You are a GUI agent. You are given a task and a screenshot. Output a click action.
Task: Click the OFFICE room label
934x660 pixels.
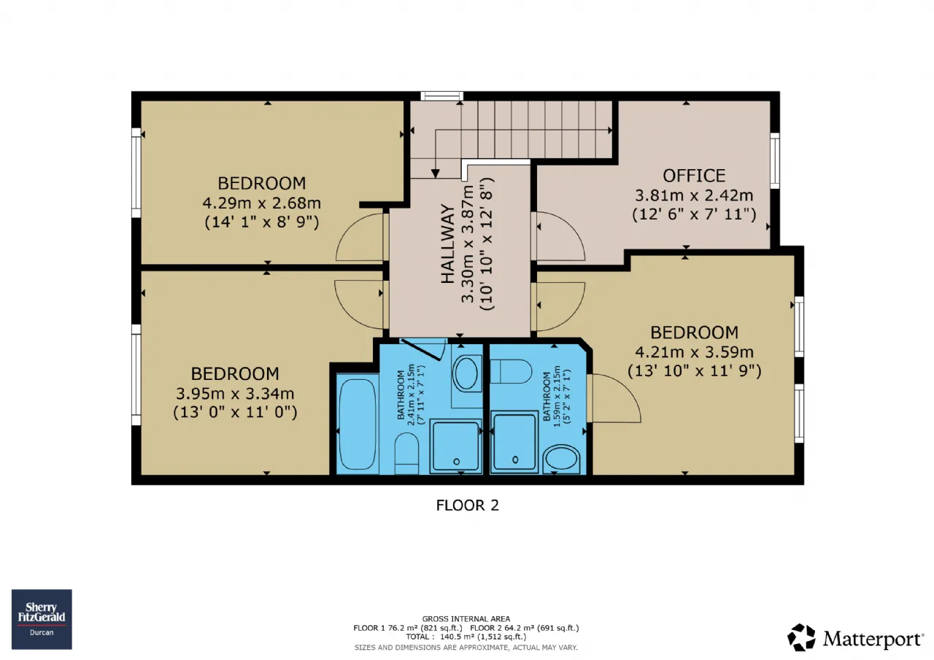tap(694, 176)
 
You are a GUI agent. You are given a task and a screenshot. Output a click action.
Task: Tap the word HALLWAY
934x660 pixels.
tap(448, 244)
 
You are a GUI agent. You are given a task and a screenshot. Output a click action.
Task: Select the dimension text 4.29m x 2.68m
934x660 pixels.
tap(262, 203)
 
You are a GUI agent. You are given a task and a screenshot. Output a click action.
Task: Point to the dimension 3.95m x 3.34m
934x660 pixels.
tap(235, 393)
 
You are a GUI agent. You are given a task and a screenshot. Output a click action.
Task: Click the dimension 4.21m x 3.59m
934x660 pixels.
tap(694, 352)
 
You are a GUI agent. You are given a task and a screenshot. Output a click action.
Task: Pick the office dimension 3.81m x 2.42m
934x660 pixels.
tap(694, 195)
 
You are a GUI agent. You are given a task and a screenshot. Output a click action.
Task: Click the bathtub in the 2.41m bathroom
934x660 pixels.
tap(358, 424)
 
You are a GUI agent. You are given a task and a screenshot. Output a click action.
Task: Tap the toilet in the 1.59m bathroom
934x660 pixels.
tap(511, 372)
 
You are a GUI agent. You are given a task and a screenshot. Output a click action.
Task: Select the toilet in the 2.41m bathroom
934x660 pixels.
tap(406, 454)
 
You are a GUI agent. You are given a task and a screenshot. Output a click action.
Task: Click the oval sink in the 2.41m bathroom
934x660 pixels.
tap(466, 373)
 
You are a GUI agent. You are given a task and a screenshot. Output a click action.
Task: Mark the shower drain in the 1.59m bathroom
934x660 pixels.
tap(515, 459)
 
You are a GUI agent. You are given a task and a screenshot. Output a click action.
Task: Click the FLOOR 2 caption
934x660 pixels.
tap(468, 505)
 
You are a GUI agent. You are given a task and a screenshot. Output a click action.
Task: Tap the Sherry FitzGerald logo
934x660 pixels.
tap(42, 619)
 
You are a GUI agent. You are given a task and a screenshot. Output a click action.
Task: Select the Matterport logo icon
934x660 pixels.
tap(801, 637)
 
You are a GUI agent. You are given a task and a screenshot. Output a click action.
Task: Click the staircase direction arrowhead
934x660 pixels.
tap(436, 174)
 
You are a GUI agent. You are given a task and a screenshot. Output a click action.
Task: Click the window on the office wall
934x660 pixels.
tap(775, 161)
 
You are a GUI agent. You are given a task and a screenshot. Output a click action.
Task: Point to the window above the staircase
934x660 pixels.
tap(442, 96)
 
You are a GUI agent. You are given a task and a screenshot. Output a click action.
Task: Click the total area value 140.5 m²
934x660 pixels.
tap(456, 637)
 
